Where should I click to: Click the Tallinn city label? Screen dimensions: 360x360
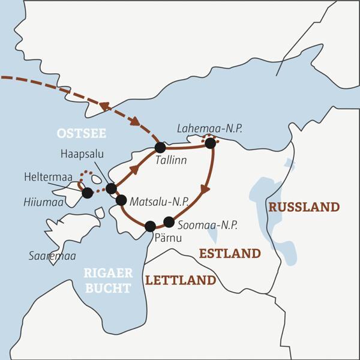pyautogui.click(x=170, y=161)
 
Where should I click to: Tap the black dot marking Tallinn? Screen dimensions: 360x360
pyautogui.click(x=160, y=147)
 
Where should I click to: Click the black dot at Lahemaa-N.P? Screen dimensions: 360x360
pyautogui.click(x=210, y=143)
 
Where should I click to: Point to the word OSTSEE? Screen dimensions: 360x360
pyautogui.click(x=75, y=133)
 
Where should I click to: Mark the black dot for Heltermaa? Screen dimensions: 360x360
pyautogui.click(x=88, y=193)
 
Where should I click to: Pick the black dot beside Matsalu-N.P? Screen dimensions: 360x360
pyautogui.click(x=121, y=200)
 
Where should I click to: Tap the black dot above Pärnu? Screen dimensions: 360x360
pyautogui.click(x=150, y=226)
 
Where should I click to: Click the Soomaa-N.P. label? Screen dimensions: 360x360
pyautogui.click(x=208, y=226)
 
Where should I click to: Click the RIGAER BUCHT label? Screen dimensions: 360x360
pyautogui.click(x=107, y=281)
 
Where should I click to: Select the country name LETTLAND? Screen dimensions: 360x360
pyautogui.click(x=180, y=280)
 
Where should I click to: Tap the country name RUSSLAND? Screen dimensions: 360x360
pyautogui.click(x=304, y=207)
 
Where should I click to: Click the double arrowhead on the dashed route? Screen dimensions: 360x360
pyautogui.click(x=105, y=107)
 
